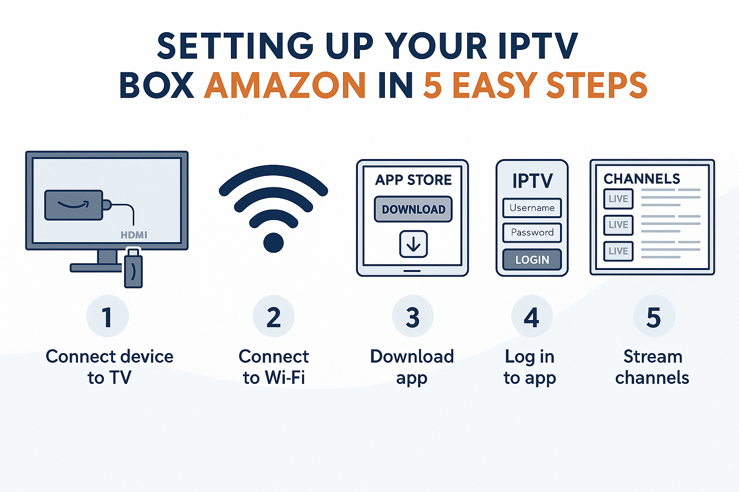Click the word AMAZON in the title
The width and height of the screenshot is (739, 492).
tap(285, 85)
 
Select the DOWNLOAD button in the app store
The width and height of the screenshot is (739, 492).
tap(413, 209)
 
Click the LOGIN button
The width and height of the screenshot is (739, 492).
tap(532, 259)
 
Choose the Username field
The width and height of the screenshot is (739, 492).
tap(532, 208)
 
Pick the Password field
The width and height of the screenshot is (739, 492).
tap(532, 233)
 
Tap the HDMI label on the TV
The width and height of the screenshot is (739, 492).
tap(134, 235)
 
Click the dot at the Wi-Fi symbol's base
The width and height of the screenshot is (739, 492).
tap(273, 242)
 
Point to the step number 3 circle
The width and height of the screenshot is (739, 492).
tap(412, 317)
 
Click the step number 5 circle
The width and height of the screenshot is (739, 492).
tap(653, 317)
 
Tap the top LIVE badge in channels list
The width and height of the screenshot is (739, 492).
tap(618, 199)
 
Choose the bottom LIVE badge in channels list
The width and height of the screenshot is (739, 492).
tap(618, 251)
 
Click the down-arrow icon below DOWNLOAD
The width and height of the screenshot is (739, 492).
tap(413, 244)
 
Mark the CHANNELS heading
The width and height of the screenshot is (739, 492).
tap(642, 179)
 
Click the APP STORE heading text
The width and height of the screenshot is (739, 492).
tap(413, 180)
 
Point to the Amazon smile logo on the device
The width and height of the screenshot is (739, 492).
tap(74, 205)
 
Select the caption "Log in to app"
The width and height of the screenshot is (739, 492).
tap(530, 367)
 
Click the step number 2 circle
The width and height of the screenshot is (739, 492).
tap(273, 317)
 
